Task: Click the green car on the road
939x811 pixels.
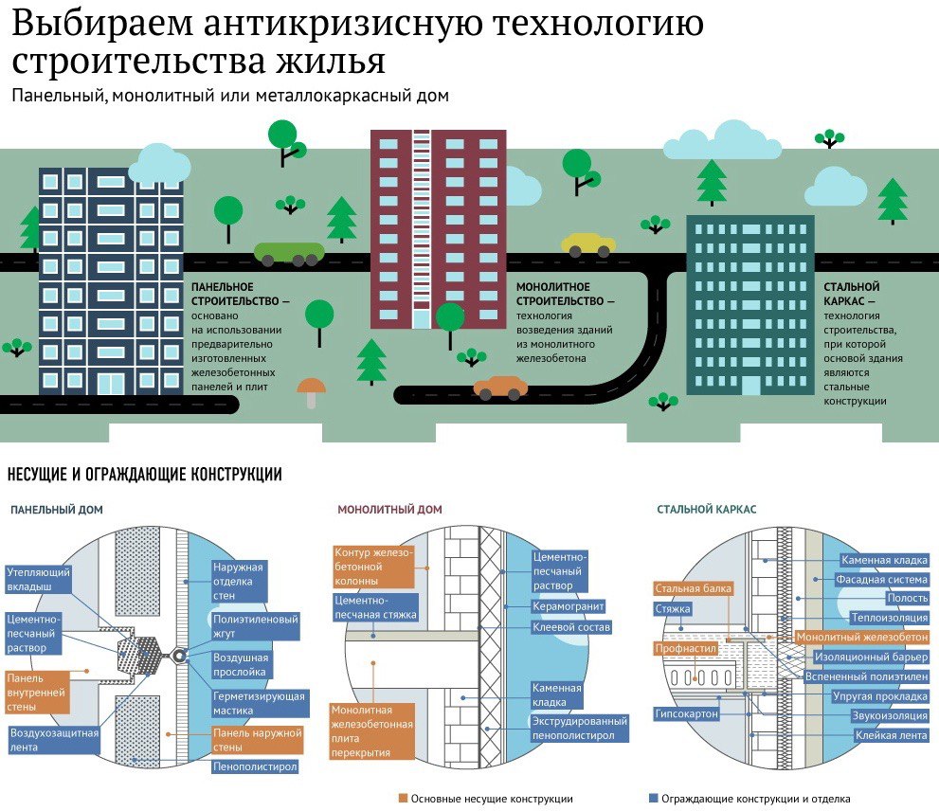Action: [289, 253]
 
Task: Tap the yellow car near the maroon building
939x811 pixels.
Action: [587, 244]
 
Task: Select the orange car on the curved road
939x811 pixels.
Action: [500, 387]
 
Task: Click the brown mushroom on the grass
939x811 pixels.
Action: [311, 390]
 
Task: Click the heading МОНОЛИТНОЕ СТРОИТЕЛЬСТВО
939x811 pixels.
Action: [565, 294]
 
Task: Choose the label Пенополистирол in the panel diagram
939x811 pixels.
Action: [256, 766]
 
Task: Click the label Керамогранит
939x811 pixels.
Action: [569, 605]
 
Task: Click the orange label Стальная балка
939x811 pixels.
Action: [694, 588]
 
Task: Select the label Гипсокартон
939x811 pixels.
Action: [686, 713]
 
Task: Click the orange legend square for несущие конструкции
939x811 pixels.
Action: [403, 799]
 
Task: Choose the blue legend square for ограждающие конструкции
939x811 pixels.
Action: [653, 799]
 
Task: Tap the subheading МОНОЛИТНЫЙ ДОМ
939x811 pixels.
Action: [389, 510]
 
